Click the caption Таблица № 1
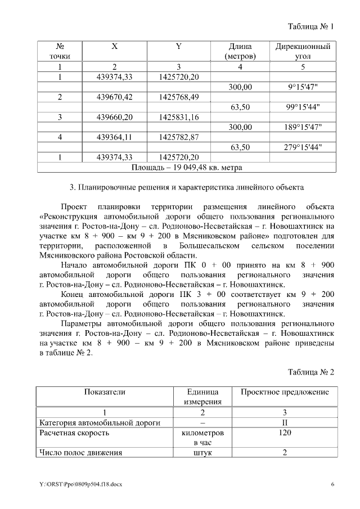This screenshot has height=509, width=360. pyautogui.click(x=310, y=26)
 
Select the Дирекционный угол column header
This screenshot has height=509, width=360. pyautogui.click(x=302, y=51)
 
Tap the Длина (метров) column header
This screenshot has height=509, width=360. pyautogui.click(x=240, y=51)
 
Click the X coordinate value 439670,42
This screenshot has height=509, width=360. pyautogui.click(x=114, y=97)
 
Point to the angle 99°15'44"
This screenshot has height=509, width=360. pyautogui.click(x=303, y=107)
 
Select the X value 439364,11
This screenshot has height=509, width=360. pyautogui.click(x=114, y=137)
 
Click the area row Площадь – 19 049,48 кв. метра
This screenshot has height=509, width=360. pyautogui.click(x=186, y=167)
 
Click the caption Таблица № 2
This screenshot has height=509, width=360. pyautogui.click(x=310, y=372)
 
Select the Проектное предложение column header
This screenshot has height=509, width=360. pyautogui.click(x=285, y=391)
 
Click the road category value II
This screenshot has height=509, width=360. pyautogui.click(x=285, y=422)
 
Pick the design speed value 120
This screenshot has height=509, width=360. pyautogui.click(x=285, y=433)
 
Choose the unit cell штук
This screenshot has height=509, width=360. pyautogui.click(x=203, y=453)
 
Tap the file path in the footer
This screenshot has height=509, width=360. pyautogui.click(x=76, y=484)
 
